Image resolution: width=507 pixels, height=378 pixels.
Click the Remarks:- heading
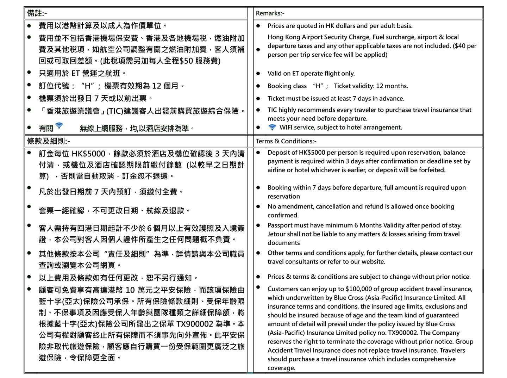(x=270, y=13)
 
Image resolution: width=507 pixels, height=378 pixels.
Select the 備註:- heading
(x=37, y=13)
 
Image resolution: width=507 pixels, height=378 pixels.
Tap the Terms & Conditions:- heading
(x=286, y=141)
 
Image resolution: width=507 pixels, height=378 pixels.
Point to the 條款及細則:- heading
(x=49, y=141)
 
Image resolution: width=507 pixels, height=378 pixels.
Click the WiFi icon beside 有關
(x=59, y=125)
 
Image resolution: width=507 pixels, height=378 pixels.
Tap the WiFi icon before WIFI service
(x=272, y=127)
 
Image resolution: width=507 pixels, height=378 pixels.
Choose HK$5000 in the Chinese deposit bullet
(x=88, y=154)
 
